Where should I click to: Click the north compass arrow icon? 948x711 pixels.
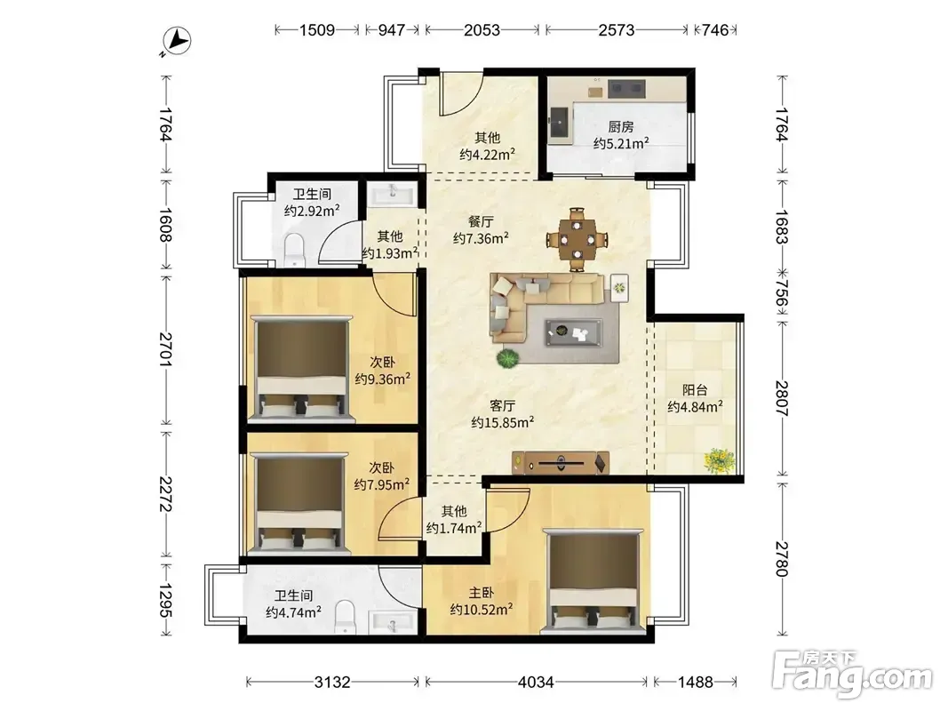(x=179, y=41)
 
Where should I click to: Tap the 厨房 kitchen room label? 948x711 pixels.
(x=621, y=126)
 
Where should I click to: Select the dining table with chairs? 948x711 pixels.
(x=577, y=239)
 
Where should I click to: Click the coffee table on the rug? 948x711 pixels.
(x=573, y=332)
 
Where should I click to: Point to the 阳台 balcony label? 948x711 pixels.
(x=695, y=390)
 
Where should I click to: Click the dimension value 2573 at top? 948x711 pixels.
(x=616, y=29)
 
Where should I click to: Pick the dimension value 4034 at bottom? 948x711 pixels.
(x=536, y=682)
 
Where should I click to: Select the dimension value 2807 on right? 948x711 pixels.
(x=782, y=397)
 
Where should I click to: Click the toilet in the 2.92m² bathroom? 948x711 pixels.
(x=294, y=250)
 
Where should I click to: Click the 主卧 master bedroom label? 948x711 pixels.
(x=482, y=593)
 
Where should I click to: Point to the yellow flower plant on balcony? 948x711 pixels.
(x=720, y=460)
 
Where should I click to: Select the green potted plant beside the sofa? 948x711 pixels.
(x=508, y=358)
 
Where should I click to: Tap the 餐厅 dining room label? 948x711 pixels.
(x=481, y=222)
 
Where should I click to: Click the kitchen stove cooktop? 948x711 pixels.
(x=626, y=89)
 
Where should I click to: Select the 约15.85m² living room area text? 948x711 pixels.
(x=502, y=422)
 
